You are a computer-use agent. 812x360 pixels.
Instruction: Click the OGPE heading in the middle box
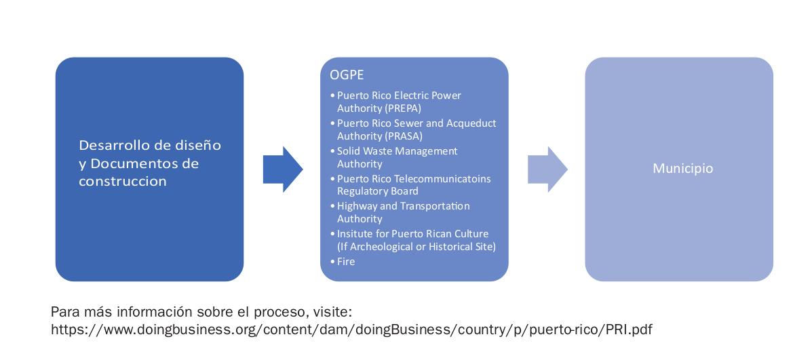pyautogui.click(x=346, y=75)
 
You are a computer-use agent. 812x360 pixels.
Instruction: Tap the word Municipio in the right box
pyautogui.click(x=682, y=168)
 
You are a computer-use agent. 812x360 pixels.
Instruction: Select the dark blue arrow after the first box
pyautogui.click(x=282, y=169)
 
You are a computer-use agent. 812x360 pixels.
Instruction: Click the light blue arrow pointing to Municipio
pyautogui.click(x=547, y=169)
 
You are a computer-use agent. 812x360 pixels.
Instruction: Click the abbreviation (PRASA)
pyautogui.click(x=404, y=136)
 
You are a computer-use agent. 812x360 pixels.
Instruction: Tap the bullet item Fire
pyautogui.click(x=345, y=261)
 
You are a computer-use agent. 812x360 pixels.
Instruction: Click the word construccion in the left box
pyautogui.click(x=123, y=182)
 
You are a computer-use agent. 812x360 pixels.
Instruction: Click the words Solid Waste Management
pyautogui.click(x=397, y=151)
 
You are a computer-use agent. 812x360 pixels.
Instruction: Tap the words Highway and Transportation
pyautogui.click(x=403, y=205)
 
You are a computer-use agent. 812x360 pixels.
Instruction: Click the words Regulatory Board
pyautogui.click(x=377, y=191)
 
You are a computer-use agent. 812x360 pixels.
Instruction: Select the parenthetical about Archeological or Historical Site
pyautogui.click(x=416, y=247)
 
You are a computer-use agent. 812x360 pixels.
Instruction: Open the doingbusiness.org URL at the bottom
pyautogui.click(x=351, y=330)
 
